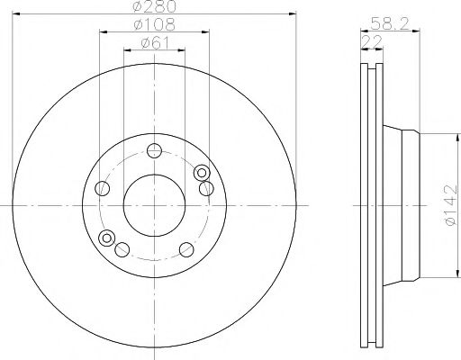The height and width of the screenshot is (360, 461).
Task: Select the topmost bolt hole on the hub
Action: coord(155,151)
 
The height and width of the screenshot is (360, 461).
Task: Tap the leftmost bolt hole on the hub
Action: coord(104,188)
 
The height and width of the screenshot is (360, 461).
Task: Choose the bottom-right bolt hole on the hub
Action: coord(186,249)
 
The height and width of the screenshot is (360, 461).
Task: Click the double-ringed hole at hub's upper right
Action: coord(202,173)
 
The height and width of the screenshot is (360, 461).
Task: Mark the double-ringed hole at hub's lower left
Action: coord(108,238)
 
